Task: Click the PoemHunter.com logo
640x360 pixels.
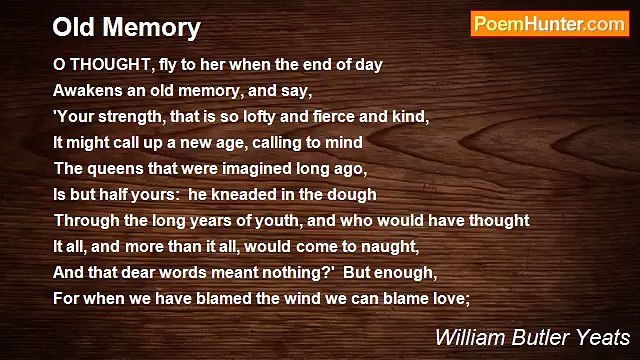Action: pos(549,24)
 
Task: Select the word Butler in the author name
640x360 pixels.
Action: pos(537,336)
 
